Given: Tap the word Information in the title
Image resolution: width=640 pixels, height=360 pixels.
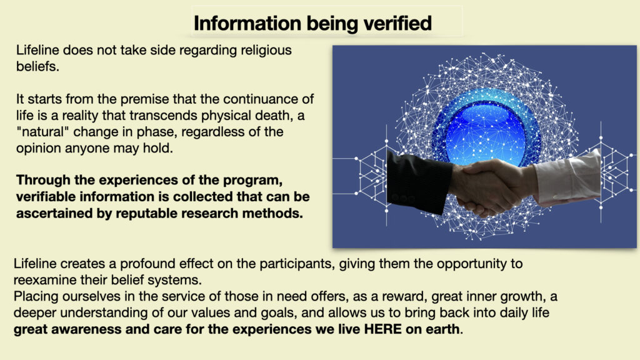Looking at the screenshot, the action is click(247, 23).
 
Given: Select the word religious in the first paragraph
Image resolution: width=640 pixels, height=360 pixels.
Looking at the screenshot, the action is click(266, 51).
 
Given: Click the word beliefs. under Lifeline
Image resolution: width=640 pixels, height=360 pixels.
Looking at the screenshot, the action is click(37, 66).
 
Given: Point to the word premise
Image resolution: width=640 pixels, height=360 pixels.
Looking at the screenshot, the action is click(144, 99).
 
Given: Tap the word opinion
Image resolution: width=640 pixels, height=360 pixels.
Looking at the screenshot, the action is click(38, 149).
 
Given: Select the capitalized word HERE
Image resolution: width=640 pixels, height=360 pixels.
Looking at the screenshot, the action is click(383, 329).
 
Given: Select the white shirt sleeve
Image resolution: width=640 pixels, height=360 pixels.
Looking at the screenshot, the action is click(567, 178).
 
